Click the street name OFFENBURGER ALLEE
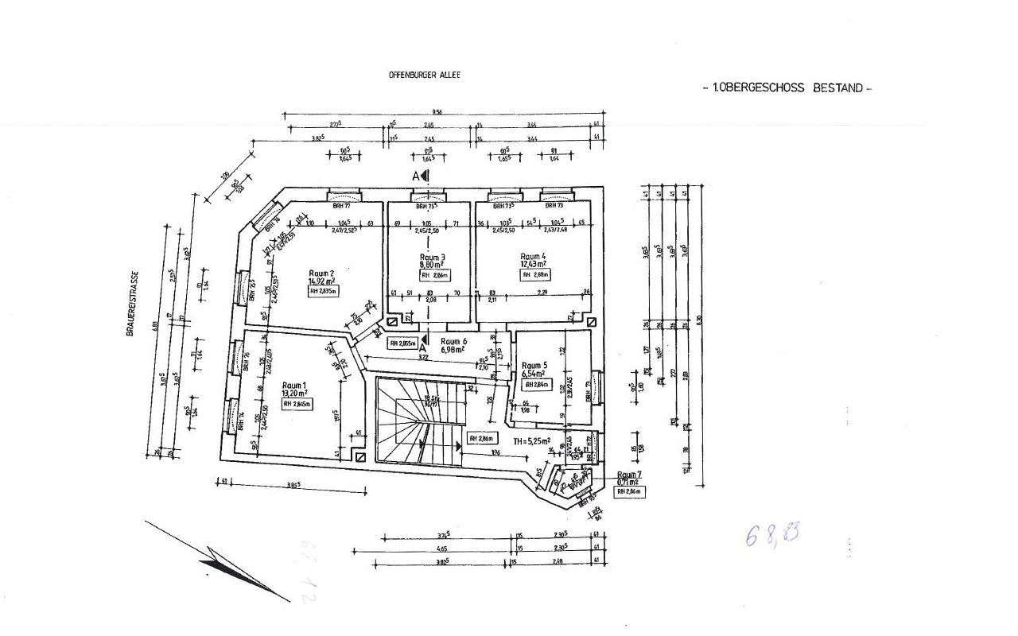424,75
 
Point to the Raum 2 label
321,273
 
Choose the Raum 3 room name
432,258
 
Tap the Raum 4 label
533,257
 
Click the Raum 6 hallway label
453,341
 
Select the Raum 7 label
628,474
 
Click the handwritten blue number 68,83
771,534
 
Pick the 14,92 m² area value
321,281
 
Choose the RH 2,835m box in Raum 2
322,292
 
